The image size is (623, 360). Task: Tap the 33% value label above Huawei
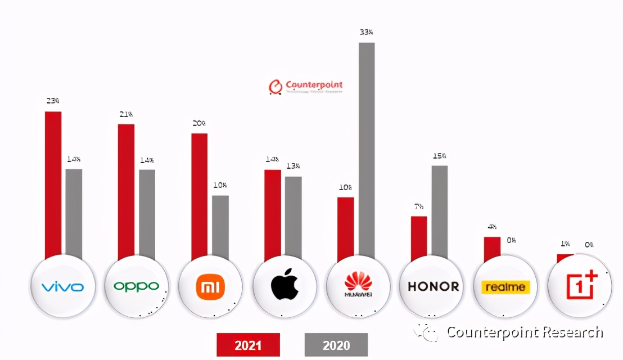click(x=366, y=32)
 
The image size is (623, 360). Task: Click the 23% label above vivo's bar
click(x=53, y=101)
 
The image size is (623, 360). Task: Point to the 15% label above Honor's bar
click(x=440, y=155)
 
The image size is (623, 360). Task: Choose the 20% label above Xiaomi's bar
click(x=199, y=123)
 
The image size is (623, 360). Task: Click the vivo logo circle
click(x=62, y=287)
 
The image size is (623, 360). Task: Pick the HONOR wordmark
click(x=433, y=286)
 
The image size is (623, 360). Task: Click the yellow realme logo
click(x=505, y=287)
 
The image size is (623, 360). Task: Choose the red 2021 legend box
click(x=248, y=345)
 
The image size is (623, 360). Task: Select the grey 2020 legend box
click(x=336, y=345)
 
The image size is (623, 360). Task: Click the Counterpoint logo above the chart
click(x=306, y=86)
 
